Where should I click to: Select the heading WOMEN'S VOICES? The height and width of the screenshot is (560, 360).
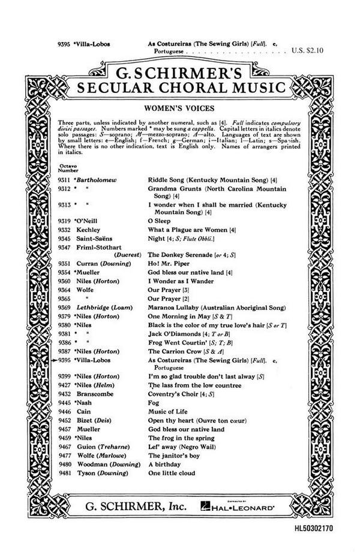[180, 110]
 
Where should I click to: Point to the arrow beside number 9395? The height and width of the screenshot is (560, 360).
[55, 360]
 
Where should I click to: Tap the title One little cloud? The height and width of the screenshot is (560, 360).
[172, 474]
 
